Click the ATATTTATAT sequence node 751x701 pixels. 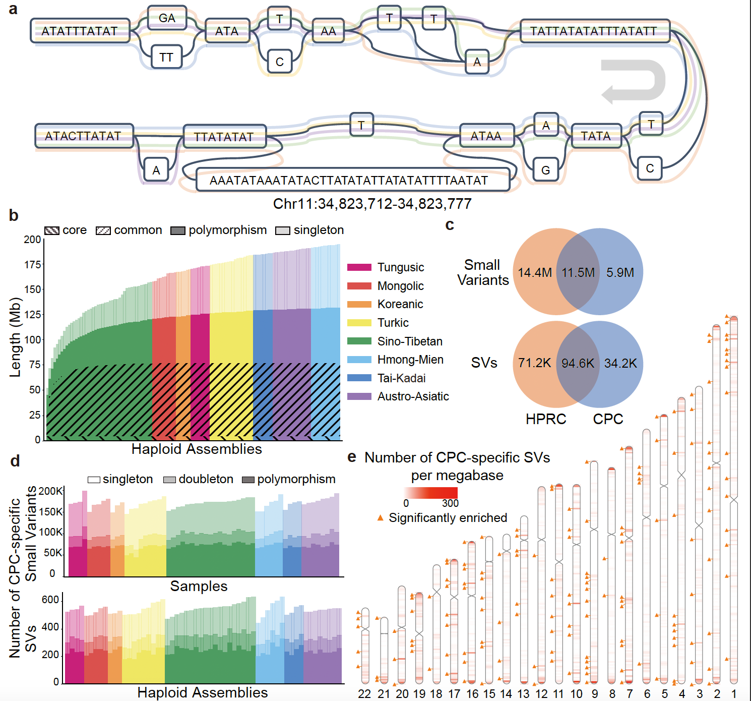80,31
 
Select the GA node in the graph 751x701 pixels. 167,18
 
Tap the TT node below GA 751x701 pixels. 166,57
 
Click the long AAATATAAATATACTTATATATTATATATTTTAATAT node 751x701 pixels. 349,180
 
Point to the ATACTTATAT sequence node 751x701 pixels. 83,136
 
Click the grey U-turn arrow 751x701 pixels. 634,81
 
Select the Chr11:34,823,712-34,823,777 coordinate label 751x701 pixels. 372,204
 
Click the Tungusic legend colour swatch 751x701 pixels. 359,267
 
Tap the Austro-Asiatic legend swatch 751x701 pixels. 359,396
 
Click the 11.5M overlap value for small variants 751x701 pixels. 578,273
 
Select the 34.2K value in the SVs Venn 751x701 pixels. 620,363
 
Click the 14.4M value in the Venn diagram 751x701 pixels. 535,273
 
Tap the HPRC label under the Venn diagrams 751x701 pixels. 546,419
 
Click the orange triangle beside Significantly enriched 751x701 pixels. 381,518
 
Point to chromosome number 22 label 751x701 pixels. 364,694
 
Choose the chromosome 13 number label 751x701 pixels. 523,694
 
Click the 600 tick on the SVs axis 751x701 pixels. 50,600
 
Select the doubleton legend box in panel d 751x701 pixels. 169,479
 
